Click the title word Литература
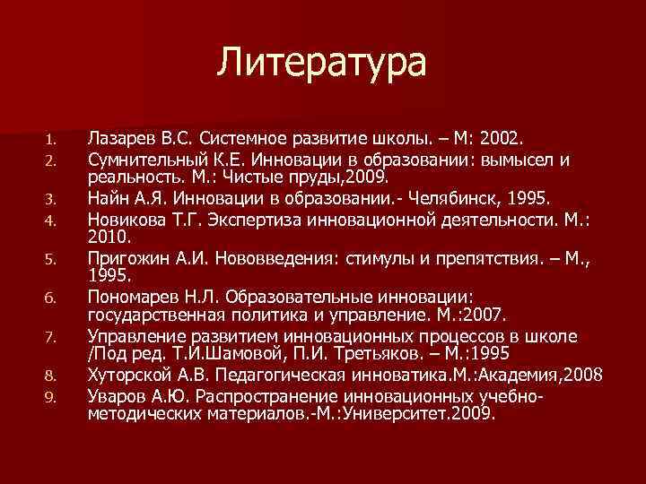click(x=323, y=63)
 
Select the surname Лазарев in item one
click(x=118, y=140)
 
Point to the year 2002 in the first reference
click(x=507, y=140)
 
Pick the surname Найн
click(x=107, y=196)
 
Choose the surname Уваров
click(x=113, y=395)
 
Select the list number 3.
click(x=51, y=198)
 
